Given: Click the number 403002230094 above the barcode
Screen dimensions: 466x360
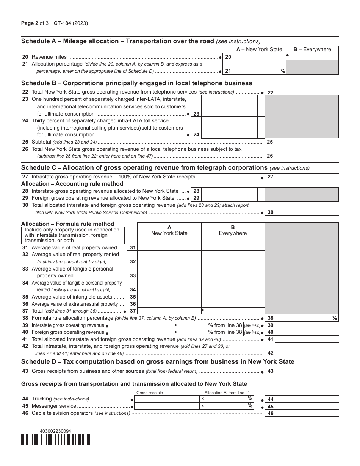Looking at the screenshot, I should [55, 431].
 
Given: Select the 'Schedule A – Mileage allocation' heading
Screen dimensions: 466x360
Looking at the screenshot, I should [117, 41].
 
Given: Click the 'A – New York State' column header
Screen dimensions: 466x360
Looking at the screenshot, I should [259, 49].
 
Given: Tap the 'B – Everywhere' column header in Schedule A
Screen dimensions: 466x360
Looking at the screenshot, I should [312, 49].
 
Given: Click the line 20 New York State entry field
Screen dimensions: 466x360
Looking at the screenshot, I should [259, 57].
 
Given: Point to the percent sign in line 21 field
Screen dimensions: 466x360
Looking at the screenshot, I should [283, 71].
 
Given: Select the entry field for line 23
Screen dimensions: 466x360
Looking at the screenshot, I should [229, 106].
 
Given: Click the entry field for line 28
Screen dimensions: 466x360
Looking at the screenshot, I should [229, 191].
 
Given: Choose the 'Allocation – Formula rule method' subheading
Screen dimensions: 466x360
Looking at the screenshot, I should [67, 224].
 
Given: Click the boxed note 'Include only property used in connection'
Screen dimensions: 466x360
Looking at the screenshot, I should [73, 235].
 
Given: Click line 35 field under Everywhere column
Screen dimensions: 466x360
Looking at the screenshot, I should [229, 297].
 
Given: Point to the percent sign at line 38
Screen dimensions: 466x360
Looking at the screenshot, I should [335, 318].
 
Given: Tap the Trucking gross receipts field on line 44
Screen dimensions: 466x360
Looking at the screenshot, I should [163, 399].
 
